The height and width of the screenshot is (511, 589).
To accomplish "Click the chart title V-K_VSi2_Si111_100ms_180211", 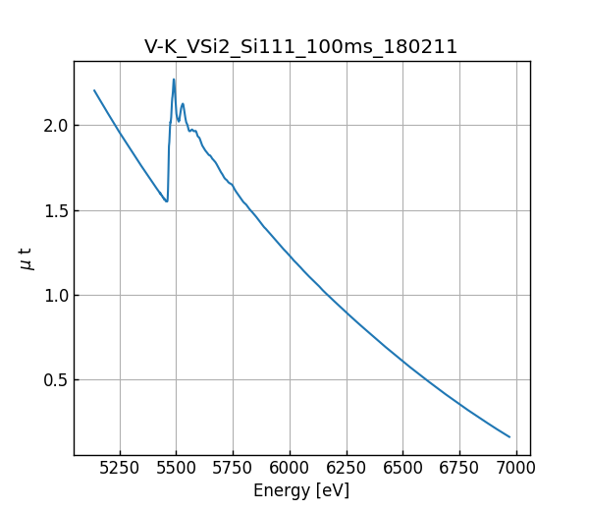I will pos(300,47).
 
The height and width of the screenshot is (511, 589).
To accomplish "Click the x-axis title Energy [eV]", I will pos(300,490).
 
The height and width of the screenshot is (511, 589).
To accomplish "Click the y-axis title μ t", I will pos(27,258).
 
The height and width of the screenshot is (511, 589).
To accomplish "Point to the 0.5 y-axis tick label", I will pos(54,380).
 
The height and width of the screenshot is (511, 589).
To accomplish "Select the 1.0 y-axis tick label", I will pos(54,296).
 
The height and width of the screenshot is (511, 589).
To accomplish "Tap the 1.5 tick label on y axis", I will pos(54,210).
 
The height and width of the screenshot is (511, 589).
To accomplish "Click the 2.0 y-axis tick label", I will pos(54,126).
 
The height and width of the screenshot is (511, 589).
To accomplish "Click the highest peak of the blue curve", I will pos(174,80).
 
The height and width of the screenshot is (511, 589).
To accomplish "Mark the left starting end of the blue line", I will pos(94,90).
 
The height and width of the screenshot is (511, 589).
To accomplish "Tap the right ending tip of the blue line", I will pos(509,436).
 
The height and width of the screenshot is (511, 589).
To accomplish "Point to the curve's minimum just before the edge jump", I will pos(167,201).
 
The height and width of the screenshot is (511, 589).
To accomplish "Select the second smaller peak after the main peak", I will pos(183,104).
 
